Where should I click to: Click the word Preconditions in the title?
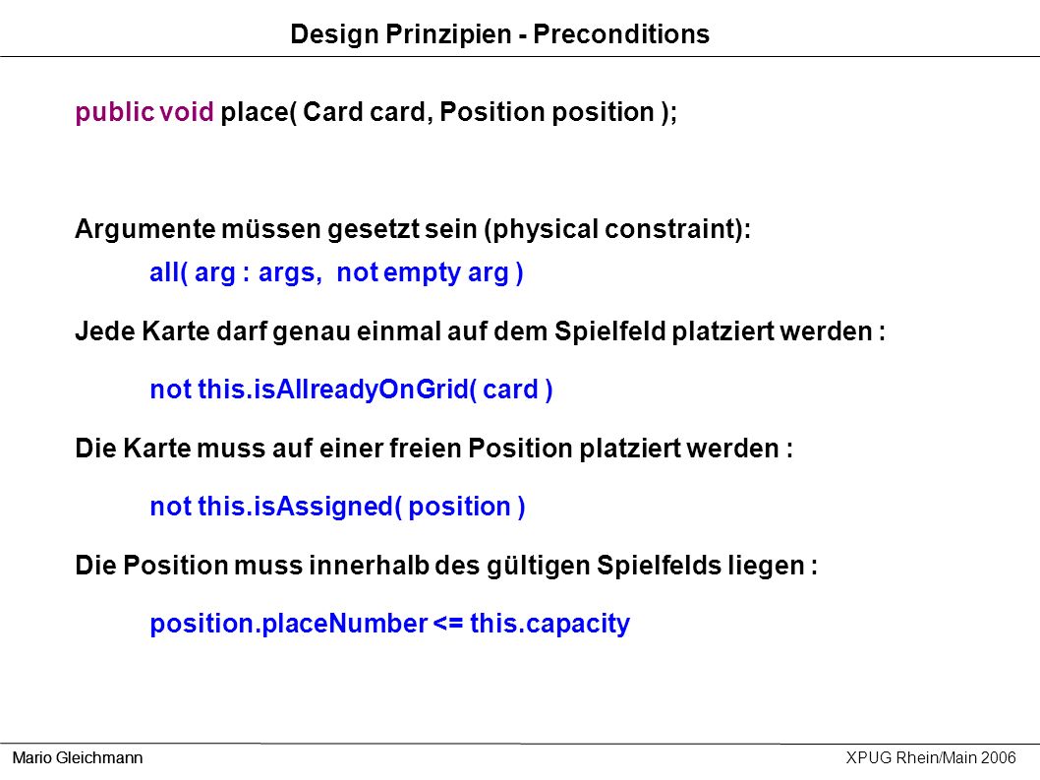click(621, 33)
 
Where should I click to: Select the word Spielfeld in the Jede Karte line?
click(609, 331)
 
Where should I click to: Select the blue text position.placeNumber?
click(289, 624)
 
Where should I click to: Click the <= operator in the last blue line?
click(448, 624)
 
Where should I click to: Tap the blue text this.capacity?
click(549, 624)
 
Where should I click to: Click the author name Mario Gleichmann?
click(78, 757)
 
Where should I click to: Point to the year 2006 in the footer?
click(998, 757)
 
